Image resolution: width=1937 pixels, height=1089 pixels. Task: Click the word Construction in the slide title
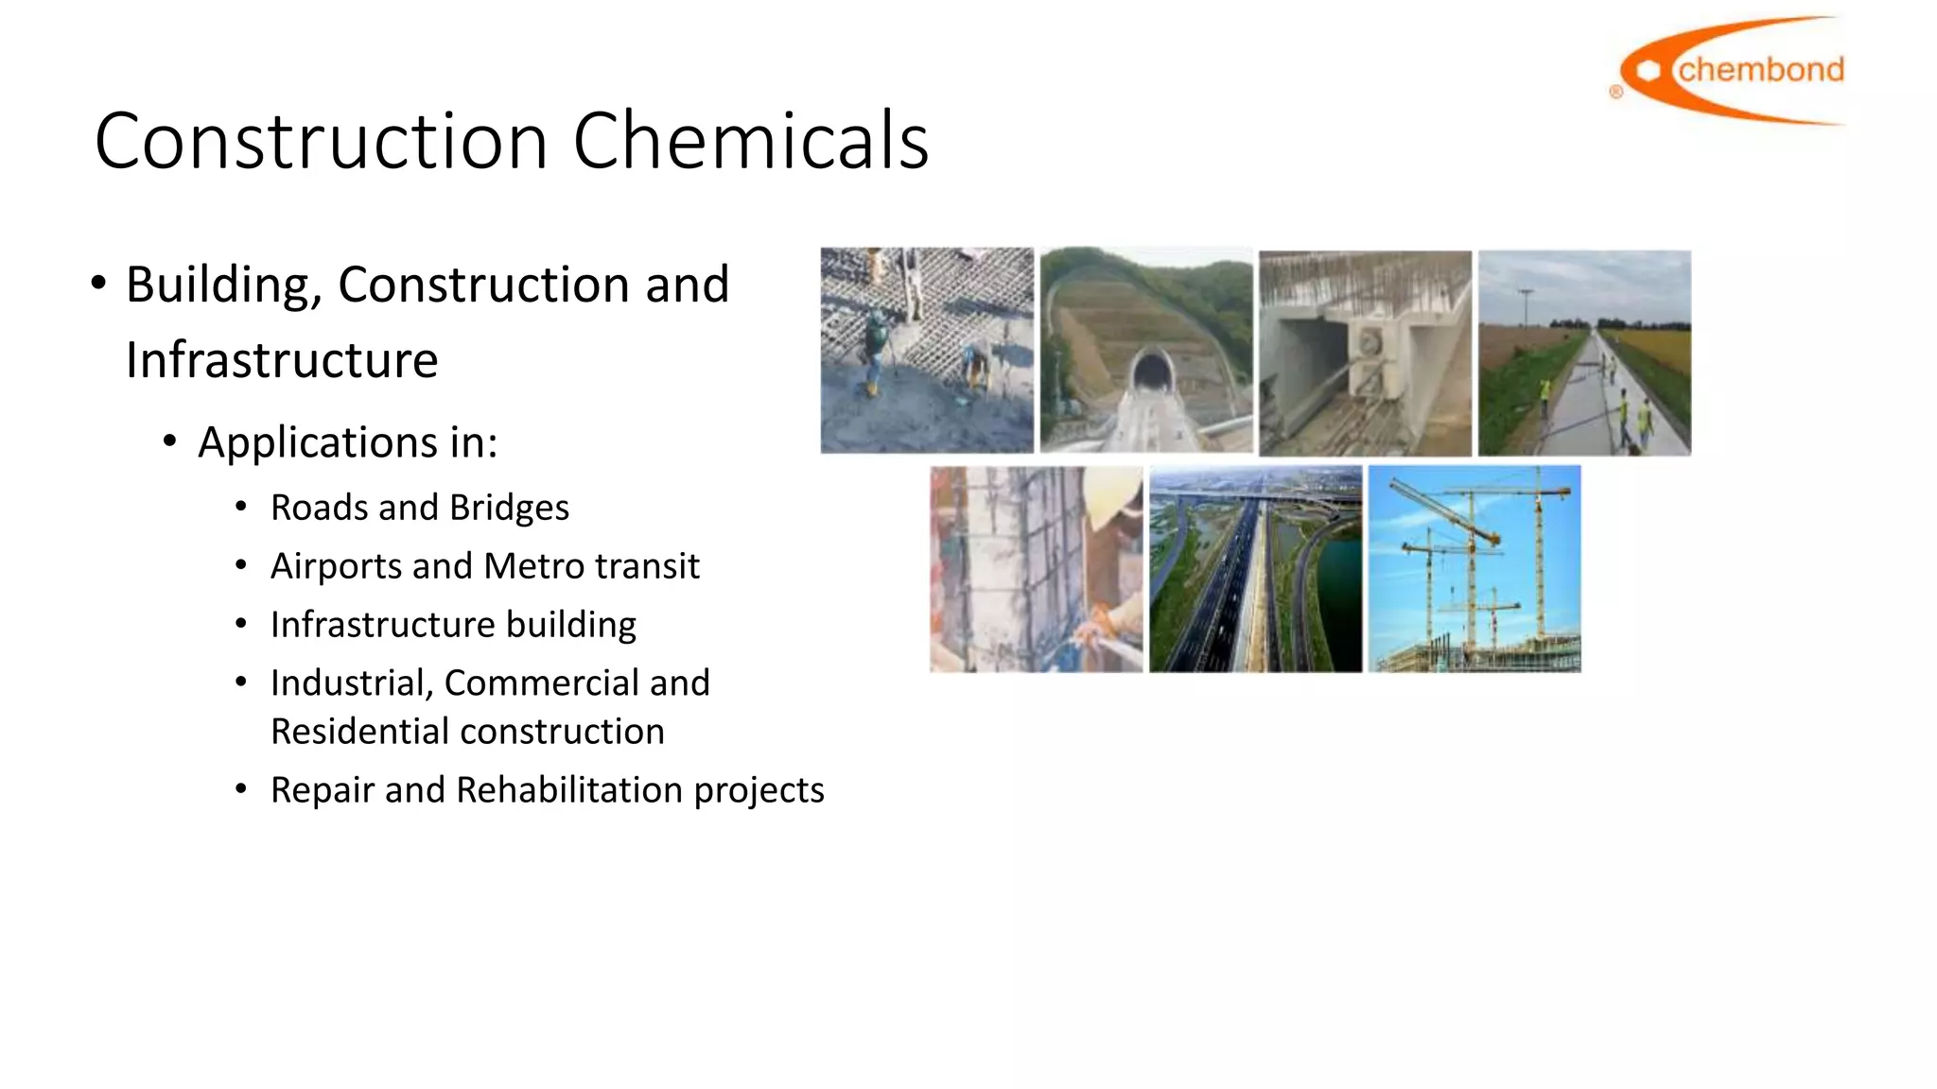point(322,141)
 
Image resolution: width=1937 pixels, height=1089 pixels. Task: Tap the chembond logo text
point(1760,70)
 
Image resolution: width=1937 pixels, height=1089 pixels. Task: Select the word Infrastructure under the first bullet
point(282,360)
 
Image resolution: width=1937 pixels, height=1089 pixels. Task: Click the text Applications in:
point(347,442)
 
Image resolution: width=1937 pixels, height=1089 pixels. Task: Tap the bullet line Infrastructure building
point(453,625)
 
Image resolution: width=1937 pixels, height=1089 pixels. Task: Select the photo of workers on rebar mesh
point(927,351)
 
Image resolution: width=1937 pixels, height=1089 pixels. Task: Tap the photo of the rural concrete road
point(1584,353)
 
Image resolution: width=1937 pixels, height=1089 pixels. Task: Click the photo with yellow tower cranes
point(1475,569)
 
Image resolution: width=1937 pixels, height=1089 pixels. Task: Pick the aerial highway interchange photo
point(1256,569)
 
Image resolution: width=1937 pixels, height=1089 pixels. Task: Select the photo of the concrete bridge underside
point(1365,353)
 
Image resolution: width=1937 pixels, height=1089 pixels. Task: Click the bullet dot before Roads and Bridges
point(242,508)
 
